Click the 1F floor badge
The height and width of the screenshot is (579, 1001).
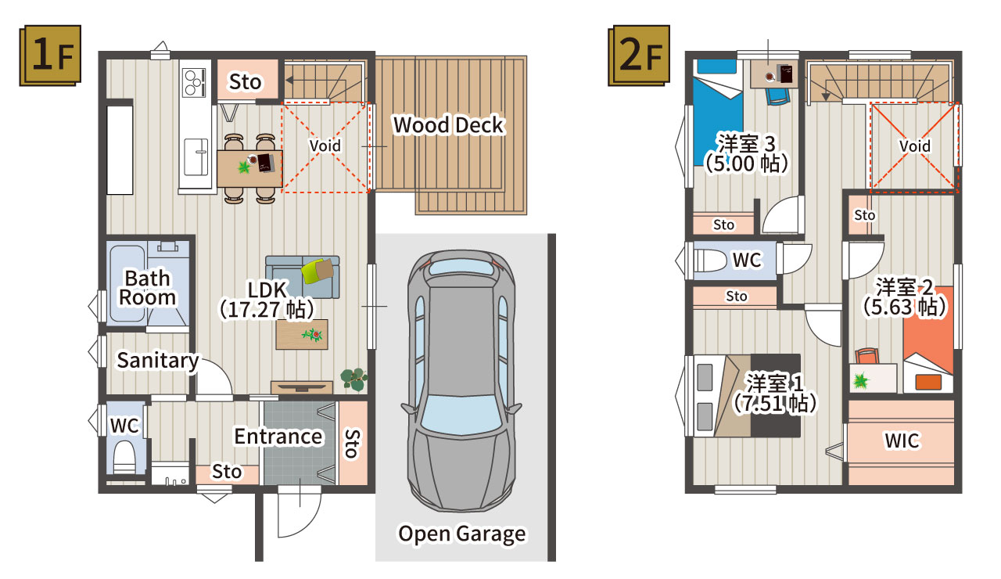[x=50, y=56]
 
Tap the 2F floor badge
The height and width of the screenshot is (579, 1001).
[x=639, y=56]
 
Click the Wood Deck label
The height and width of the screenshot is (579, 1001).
[x=448, y=124]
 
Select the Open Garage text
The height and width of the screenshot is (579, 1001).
[x=462, y=534]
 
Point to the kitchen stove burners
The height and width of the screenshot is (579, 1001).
[x=194, y=82]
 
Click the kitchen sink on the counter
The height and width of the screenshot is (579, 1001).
[x=196, y=157]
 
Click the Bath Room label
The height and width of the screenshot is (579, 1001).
[x=148, y=288]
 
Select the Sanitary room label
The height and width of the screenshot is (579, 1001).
[x=158, y=361]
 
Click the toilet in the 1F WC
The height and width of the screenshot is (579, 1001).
[x=124, y=457]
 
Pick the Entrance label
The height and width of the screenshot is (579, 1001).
[x=278, y=437]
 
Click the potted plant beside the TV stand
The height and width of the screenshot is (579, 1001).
[x=354, y=379]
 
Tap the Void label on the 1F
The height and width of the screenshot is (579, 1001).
[x=325, y=146]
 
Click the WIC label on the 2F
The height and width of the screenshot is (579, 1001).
[x=902, y=441]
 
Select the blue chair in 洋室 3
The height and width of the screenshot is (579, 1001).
[x=777, y=96]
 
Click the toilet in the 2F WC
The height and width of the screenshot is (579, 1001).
[x=711, y=261]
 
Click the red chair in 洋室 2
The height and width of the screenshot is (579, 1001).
[x=867, y=356]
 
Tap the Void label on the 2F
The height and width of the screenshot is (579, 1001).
[x=915, y=146]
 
